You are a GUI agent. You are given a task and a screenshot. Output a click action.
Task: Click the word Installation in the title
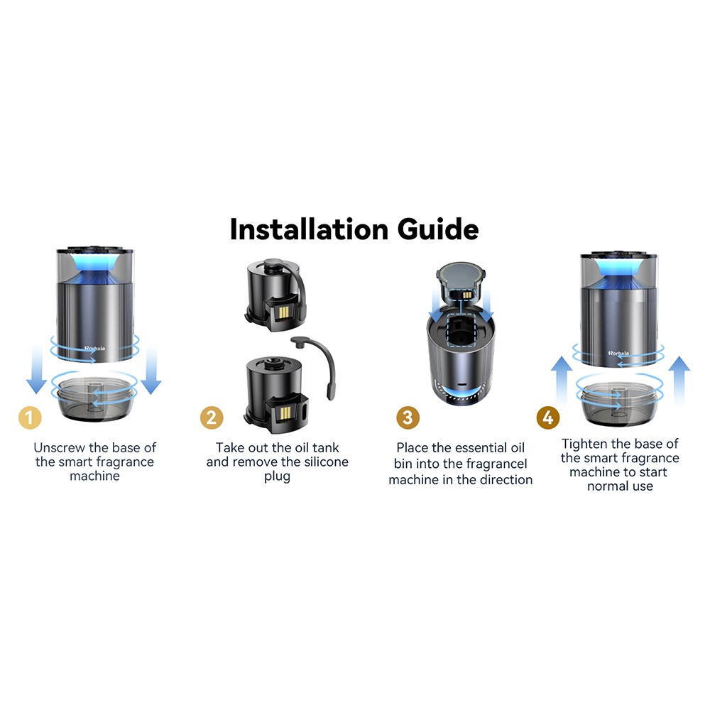309,229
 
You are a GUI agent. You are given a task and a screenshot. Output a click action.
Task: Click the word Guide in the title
438,229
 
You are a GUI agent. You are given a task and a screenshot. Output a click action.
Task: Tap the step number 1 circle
30,417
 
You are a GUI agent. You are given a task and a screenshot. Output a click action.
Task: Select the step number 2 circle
212,417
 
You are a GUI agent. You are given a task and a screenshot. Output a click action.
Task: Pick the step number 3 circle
408,417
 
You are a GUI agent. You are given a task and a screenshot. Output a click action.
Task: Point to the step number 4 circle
548,417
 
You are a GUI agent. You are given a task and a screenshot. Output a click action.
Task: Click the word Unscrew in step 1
60,447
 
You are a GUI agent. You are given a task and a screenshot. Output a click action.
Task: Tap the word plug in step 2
277,477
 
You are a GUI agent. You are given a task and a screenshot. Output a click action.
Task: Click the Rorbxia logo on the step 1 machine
94,348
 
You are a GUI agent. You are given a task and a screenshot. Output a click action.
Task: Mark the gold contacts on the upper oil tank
284,312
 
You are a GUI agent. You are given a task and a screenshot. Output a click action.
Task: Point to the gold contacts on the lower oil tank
285,412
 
